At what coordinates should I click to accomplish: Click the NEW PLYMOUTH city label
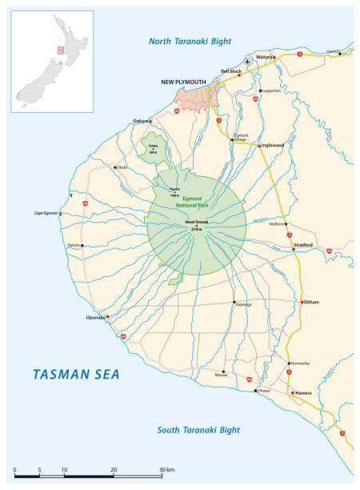point(185,82)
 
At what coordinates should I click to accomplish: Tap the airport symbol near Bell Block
point(248,61)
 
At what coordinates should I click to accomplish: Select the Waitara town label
point(264,57)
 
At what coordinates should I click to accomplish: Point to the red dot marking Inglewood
point(258,146)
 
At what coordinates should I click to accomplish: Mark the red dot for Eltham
point(302,303)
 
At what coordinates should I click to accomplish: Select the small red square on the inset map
point(59,49)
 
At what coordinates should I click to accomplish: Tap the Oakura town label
point(141,122)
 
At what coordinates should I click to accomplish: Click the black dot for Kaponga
point(234,303)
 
